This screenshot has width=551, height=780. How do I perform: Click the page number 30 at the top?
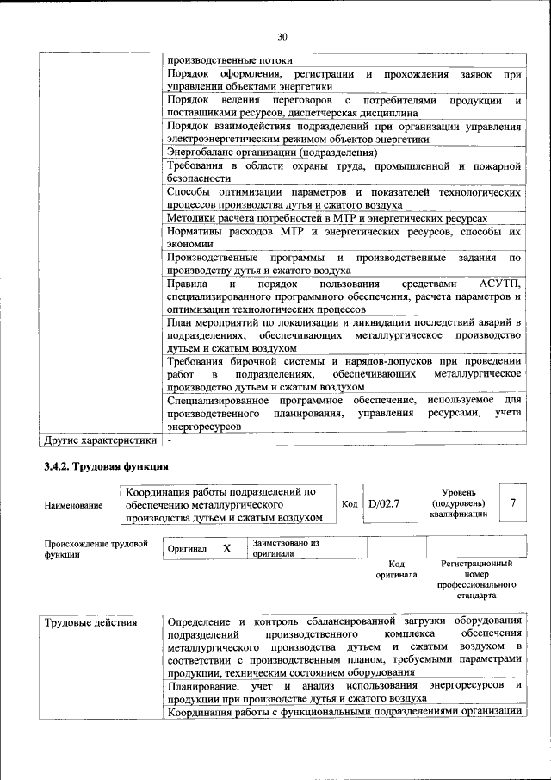point(282,36)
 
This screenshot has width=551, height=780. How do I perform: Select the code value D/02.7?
point(385,504)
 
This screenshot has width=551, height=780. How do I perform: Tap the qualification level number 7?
point(513,503)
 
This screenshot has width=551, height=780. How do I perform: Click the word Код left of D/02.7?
point(350,504)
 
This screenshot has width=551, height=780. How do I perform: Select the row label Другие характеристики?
point(101,440)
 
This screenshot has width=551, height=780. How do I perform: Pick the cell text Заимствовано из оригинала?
point(286,549)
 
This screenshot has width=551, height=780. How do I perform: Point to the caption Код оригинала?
point(396,569)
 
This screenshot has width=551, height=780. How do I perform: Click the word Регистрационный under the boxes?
point(476,563)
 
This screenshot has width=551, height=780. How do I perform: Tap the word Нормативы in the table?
point(200,232)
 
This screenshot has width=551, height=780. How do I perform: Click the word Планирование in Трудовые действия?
point(203,685)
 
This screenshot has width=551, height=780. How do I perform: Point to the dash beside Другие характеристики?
point(170,440)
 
